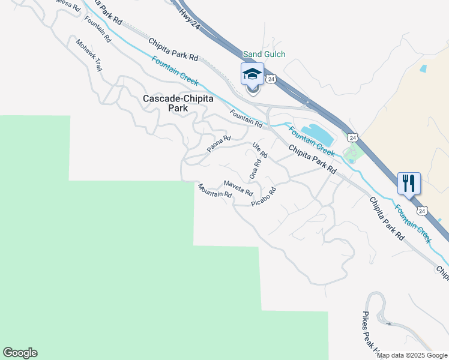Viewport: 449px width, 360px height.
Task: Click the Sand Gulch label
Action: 264,55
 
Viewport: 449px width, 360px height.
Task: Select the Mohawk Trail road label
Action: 89,55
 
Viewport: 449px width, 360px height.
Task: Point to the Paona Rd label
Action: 219,143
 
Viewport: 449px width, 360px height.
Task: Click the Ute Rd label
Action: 259,150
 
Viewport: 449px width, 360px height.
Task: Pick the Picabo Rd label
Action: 264,197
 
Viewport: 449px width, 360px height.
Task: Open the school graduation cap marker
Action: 252,74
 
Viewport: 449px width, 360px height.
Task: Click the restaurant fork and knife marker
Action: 409,182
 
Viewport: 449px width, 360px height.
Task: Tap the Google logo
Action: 20,353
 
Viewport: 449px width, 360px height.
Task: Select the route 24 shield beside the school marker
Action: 271,79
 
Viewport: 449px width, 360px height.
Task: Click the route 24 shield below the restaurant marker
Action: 423,211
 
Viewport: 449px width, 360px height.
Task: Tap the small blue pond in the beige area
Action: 423,69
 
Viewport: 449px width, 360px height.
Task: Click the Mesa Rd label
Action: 68,4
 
